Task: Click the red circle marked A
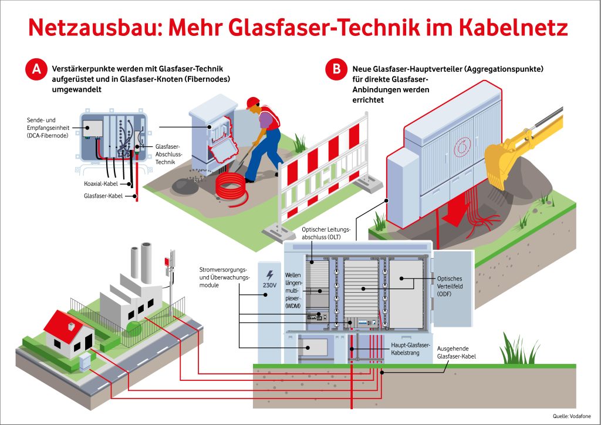(x=36, y=69)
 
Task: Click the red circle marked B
(x=336, y=69)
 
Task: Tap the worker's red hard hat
(x=253, y=102)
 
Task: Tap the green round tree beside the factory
(x=134, y=328)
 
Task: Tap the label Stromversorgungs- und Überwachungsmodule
(x=225, y=277)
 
